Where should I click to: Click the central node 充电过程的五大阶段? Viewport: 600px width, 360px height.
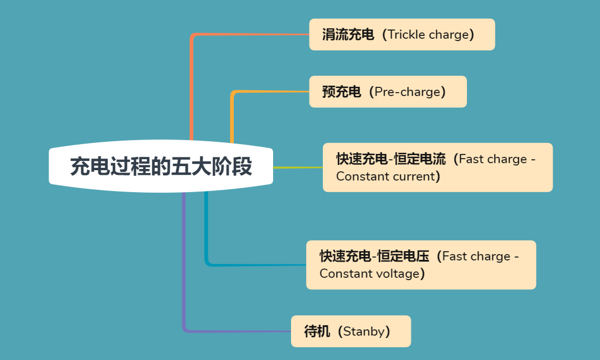pyautogui.click(x=161, y=167)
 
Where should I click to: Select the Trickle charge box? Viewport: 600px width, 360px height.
pyautogui.click(x=402, y=35)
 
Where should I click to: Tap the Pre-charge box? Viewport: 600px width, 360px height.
pyautogui.click(x=388, y=91)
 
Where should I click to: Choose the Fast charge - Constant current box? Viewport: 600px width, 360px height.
pyautogui.click(x=437, y=167)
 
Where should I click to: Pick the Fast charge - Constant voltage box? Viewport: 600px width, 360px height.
pyautogui.click(x=421, y=265)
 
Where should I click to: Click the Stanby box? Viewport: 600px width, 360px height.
pyautogui.click(x=351, y=331)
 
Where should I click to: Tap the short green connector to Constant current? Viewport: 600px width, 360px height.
pyautogui.click(x=297, y=167)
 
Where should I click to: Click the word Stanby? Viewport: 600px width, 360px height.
pyautogui.click(x=364, y=332)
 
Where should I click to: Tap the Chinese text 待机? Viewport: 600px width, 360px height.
pyautogui.click(x=317, y=332)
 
